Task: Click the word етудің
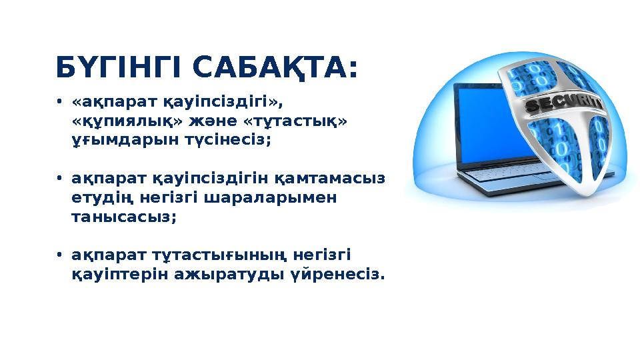coord(101,199)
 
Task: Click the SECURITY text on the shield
coord(564,105)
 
